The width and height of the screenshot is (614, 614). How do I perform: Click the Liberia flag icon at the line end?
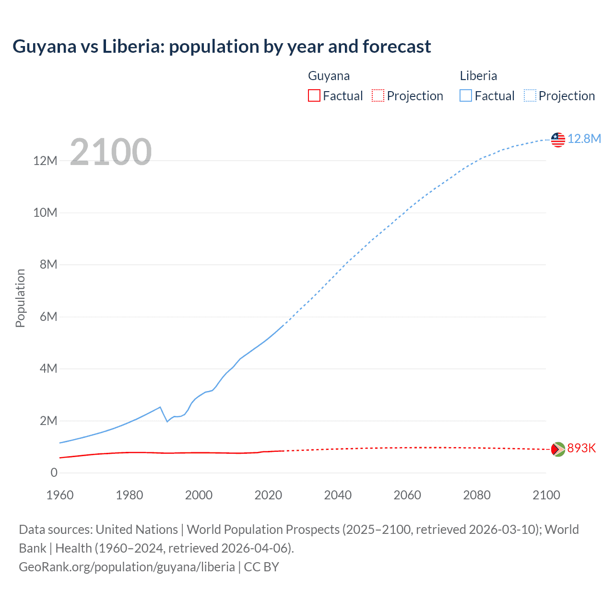click(558, 140)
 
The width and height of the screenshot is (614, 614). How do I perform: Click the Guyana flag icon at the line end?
click(558, 449)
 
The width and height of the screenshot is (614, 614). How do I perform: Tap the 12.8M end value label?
click(584, 139)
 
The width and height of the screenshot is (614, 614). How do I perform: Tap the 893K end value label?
click(581, 449)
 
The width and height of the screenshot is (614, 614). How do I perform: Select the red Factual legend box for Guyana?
click(314, 95)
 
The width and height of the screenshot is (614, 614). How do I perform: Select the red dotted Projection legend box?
click(378, 95)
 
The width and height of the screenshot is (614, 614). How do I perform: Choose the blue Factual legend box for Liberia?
click(465, 95)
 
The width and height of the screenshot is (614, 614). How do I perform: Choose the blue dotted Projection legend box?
click(530, 95)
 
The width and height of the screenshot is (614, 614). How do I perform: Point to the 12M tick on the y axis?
click(45, 161)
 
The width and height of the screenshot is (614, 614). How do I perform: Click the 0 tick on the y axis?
click(54, 473)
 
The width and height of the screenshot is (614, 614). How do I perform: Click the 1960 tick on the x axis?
click(60, 495)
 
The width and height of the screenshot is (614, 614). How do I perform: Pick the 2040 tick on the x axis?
click(338, 495)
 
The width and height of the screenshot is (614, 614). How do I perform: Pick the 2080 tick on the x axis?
click(477, 495)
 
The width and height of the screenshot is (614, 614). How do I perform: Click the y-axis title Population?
click(20, 298)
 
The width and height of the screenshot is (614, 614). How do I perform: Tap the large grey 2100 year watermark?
click(111, 152)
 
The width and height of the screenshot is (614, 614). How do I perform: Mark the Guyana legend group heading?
click(329, 76)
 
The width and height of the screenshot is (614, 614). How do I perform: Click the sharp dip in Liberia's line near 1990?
click(167, 421)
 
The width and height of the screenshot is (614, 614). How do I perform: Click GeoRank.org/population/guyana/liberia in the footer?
click(127, 567)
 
